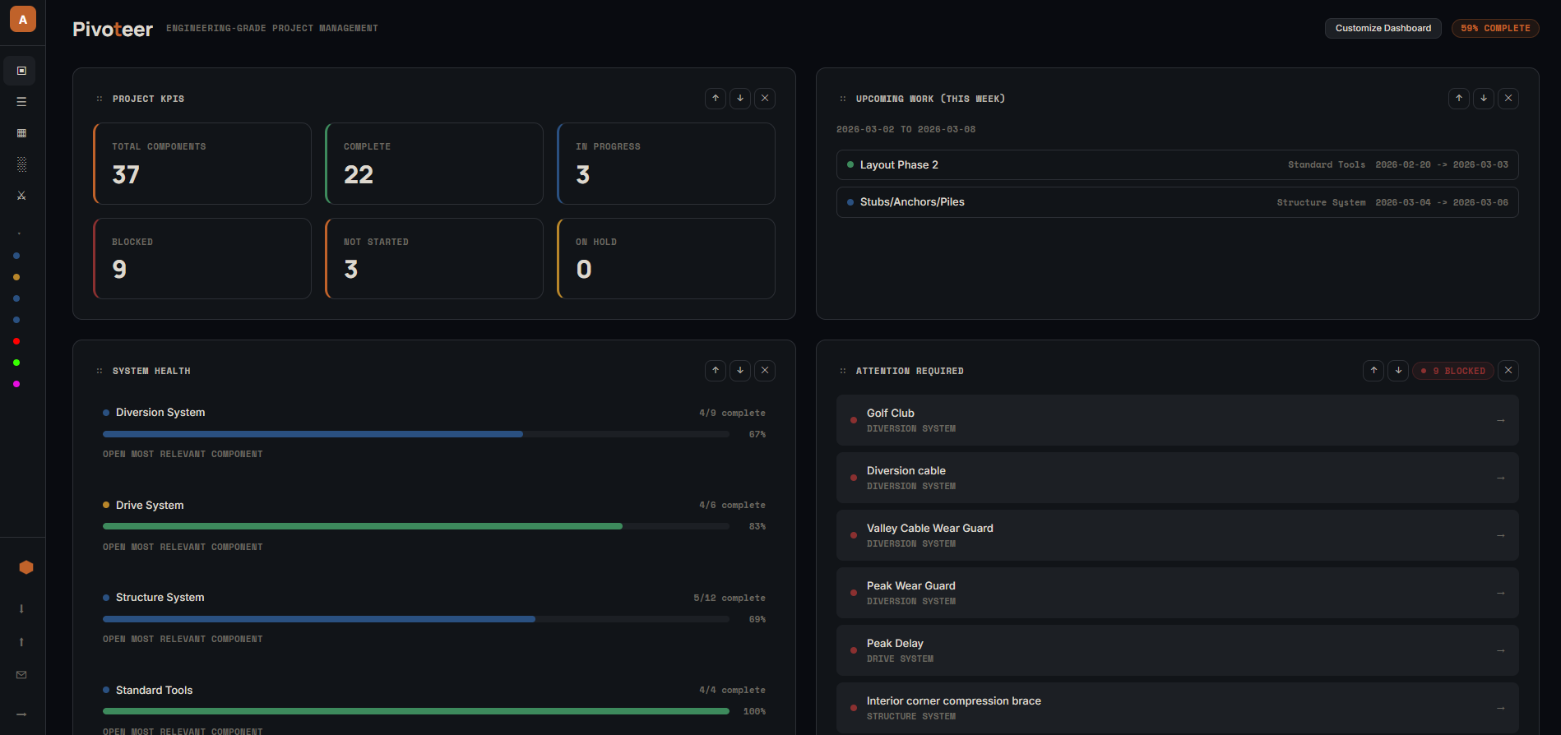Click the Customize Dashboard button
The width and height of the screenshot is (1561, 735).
[x=1383, y=28]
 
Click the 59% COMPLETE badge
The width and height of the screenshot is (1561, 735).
[x=1494, y=28]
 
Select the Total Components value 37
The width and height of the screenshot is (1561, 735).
[x=126, y=174]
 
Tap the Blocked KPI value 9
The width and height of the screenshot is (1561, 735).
[x=119, y=270]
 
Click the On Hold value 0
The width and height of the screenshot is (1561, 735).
[x=584, y=270]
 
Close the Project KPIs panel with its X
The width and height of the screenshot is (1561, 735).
[x=765, y=99]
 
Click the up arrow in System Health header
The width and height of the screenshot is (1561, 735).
[x=716, y=371]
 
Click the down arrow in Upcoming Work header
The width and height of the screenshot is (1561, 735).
[x=1484, y=99]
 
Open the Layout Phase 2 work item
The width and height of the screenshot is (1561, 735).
[x=899, y=165]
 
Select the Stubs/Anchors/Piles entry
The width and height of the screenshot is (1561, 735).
[x=912, y=202]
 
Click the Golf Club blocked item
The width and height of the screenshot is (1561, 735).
[x=891, y=414]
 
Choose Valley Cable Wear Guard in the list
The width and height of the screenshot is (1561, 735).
[x=929, y=529]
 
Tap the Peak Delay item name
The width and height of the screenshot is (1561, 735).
[x=895, y=644]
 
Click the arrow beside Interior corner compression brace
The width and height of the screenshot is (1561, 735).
[x=1500, y=708]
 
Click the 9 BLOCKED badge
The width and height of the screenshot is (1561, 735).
[x=1453, y=371]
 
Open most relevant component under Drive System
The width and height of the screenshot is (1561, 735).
[x=183, y=548]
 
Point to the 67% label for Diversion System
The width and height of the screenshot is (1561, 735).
[x=757, y=434]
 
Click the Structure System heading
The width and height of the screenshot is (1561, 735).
[x=160, y=598]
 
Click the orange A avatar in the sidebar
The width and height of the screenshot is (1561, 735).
[x=23, y=19]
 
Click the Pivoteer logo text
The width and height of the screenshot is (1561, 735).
[x=113, y=30]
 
